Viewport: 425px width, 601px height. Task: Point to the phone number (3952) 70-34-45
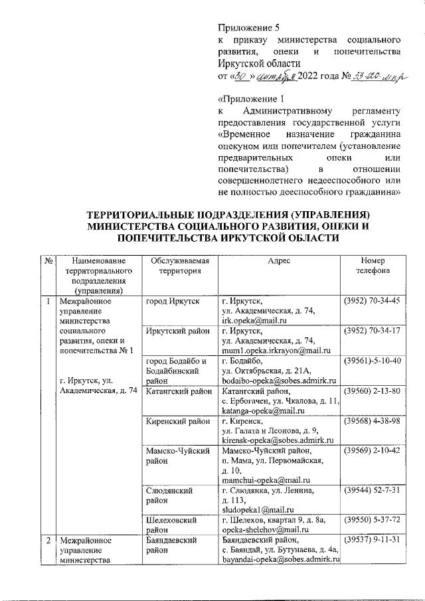point(371,301)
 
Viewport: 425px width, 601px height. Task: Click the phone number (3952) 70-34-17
point(371,331)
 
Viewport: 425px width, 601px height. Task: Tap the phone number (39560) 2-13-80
point(371,390)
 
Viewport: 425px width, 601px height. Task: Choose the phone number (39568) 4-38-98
point(371,420)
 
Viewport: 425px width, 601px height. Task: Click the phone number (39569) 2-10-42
point(371,450)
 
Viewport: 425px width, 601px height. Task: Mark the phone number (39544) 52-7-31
point(371,490)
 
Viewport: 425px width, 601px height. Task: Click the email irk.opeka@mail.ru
point(253,320)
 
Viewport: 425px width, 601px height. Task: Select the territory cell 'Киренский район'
point(177,420)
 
